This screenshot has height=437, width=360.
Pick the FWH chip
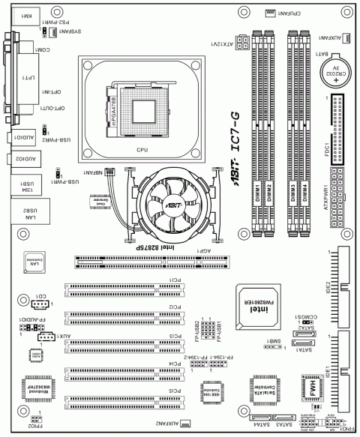click(307, 390)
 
